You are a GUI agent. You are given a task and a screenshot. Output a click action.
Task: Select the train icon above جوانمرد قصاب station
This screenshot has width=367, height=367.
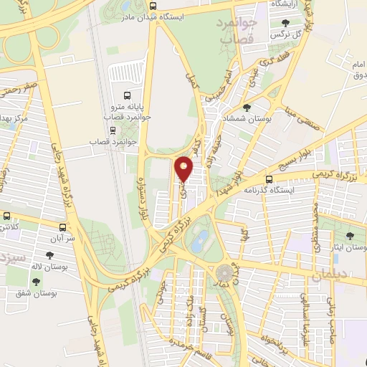(113, 130)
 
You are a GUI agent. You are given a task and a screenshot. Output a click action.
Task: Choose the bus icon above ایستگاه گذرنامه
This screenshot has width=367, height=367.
(269, 178)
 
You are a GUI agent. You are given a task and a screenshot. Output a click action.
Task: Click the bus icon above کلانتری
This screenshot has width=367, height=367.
(6, 216)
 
